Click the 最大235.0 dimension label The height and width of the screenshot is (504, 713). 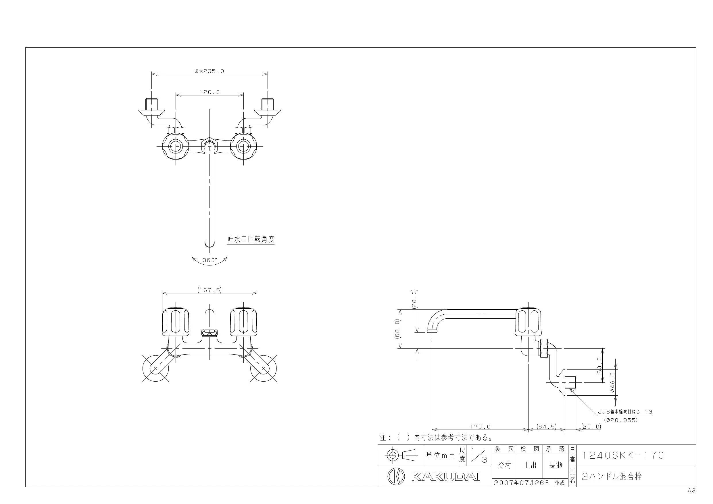coord(209,71)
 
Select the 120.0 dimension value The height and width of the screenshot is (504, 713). coord(210,92)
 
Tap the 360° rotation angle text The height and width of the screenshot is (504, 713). coord(210,260)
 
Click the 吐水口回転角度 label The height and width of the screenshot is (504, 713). coord(251,239)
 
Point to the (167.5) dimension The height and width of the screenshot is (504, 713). coord(210,290)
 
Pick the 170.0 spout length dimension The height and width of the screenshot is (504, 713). coord(480,427)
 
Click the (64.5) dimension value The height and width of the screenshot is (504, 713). coord(547,427)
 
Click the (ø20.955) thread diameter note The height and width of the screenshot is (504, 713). coord(621,420)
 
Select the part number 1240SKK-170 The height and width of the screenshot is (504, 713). coord(623,455)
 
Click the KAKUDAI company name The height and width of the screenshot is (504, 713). coord(446,477)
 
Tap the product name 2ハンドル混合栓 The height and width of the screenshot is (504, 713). coord(612,476)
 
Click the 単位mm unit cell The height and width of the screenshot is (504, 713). coord(441,455)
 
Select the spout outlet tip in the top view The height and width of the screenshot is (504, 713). coord(210,243)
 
